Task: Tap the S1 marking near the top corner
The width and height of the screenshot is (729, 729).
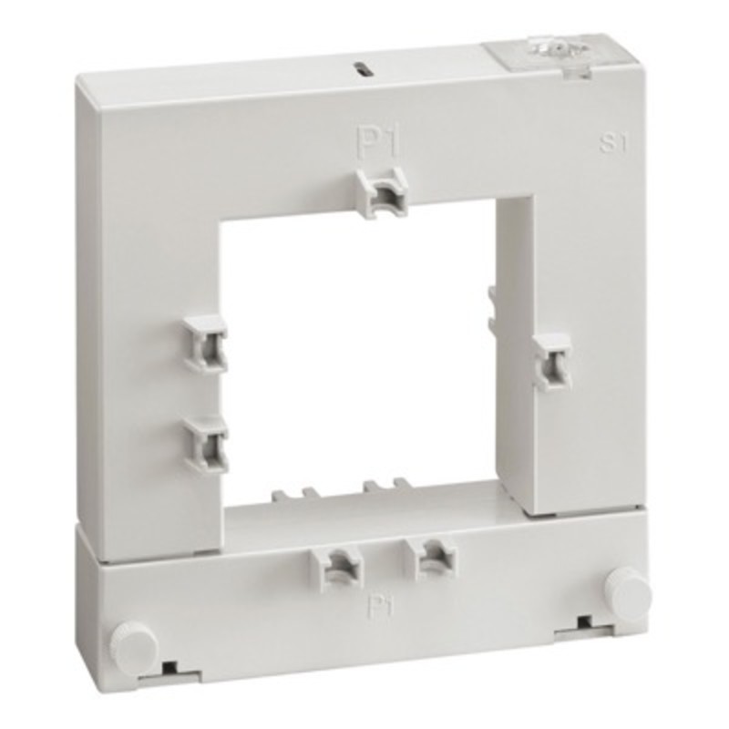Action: (613, 143)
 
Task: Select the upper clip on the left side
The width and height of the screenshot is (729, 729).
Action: (206, 343)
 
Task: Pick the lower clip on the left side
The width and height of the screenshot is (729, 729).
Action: (208, 443)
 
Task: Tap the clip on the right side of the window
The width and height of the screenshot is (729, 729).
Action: (551, 361)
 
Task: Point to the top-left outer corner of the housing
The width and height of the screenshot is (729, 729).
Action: (78, 80)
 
